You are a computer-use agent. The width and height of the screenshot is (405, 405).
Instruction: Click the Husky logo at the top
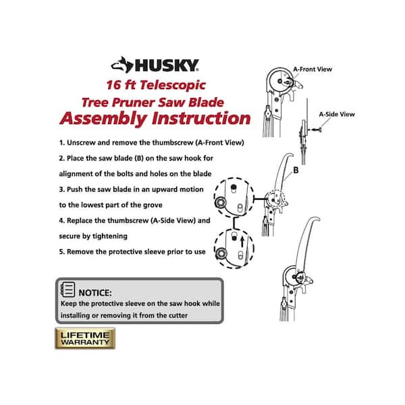(x=155, y=65)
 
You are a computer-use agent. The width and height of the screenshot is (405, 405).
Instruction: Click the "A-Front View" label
(x=313, y=69)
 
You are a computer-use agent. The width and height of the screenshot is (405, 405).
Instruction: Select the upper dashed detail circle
(x=233, y=198)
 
